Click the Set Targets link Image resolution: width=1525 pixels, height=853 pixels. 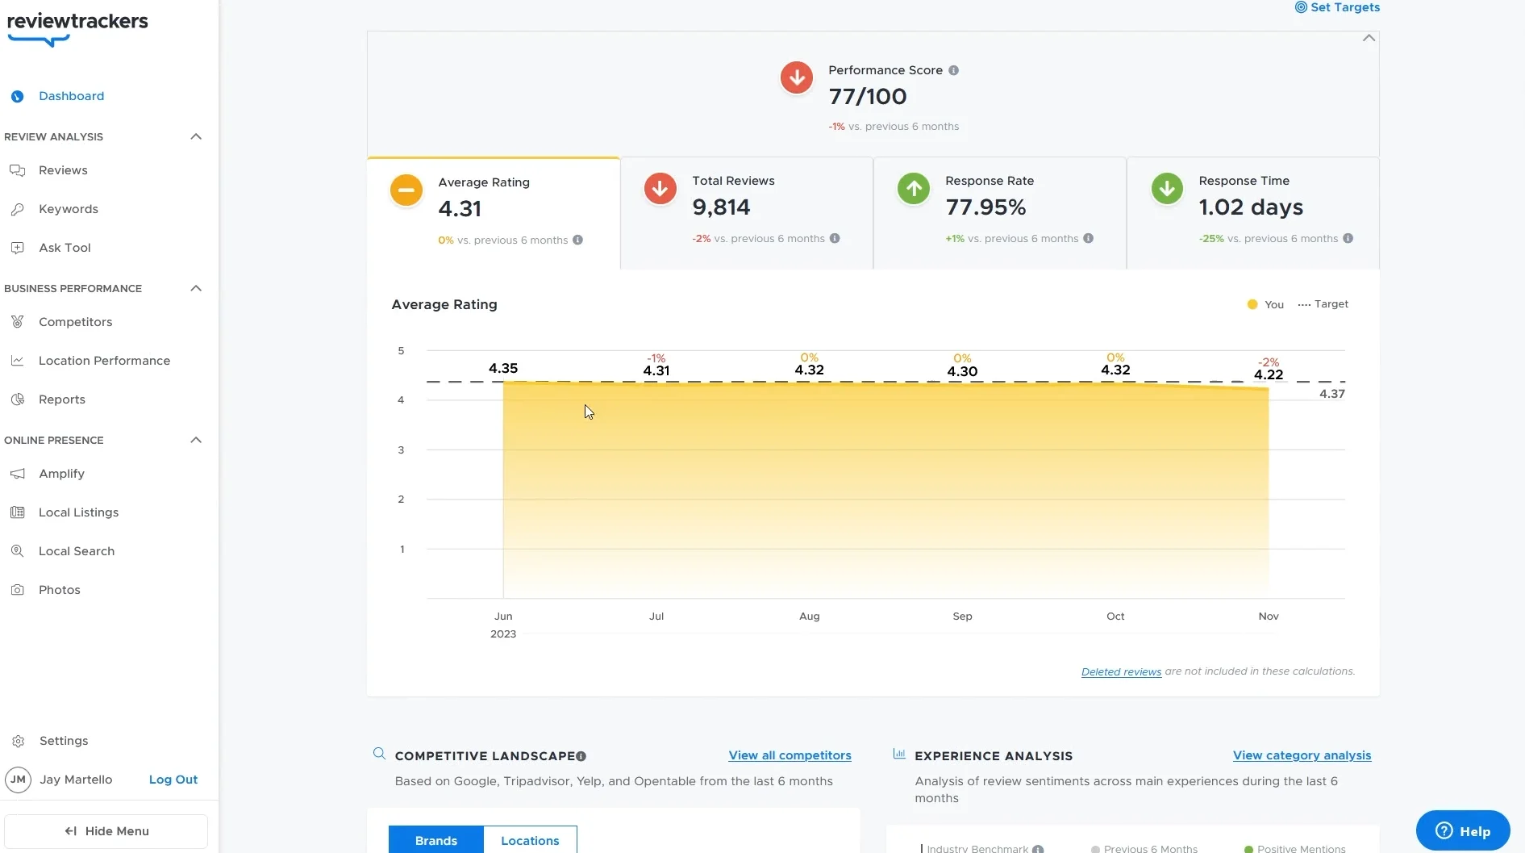[x=1337, y=7]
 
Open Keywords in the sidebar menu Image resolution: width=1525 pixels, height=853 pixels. [x=68, y=209]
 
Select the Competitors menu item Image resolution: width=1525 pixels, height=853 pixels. [x=75, y=322]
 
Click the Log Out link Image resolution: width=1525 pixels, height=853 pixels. [x=173, y=780]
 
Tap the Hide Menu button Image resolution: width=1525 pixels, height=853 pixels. [x=106, y=831]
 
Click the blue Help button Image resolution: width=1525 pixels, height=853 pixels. [x=1462, y=831]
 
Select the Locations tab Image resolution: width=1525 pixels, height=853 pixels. [x=530, y=840]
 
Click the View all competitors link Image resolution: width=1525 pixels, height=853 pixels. [x=790, y=755]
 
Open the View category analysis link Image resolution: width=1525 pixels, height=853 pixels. [x=1302, y=755]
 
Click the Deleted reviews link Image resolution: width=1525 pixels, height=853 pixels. [x=1121, y=671]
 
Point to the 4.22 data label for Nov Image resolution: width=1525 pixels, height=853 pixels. [x=1268, y=374]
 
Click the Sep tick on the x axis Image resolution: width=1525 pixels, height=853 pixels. [x=962, y=616]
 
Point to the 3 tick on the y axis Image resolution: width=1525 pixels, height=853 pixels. [x=401, y=449]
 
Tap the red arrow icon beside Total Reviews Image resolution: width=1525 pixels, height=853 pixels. [x=660, y=189]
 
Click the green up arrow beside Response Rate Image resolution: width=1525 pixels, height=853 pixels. [x=913, y=189]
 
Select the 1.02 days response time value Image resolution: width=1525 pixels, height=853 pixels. [x=1250, y=207]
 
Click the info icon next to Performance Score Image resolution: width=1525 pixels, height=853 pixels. [x=953, y=70]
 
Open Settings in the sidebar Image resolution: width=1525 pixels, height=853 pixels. [x=63, y=741]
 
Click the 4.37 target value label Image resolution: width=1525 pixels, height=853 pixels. [x=1331, y=394]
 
